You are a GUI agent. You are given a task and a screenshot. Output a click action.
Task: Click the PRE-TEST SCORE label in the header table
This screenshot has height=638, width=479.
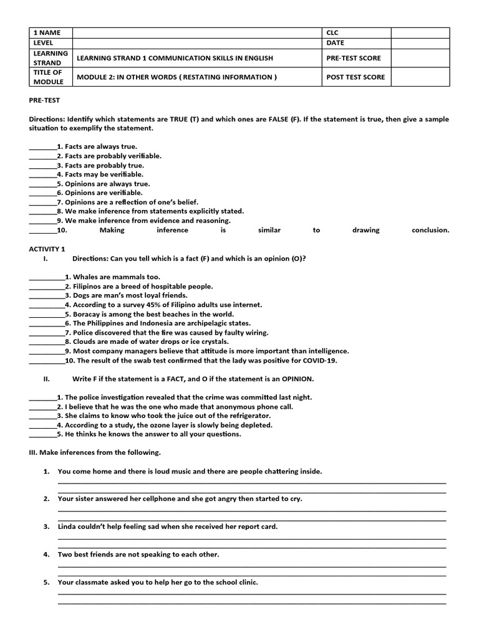point(353,58)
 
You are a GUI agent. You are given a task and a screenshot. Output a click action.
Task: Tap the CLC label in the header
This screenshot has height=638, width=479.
point(332,32)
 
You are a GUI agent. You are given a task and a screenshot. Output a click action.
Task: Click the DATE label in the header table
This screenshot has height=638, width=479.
point(335,43)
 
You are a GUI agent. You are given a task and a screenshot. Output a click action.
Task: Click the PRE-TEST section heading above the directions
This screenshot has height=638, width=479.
point(44,100)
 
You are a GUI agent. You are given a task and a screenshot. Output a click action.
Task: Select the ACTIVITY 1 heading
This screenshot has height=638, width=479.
point(47,249)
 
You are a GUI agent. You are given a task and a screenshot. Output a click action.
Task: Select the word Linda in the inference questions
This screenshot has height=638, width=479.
point(68,526)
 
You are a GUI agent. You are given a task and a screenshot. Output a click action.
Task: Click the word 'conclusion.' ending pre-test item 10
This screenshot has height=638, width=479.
point(430,230)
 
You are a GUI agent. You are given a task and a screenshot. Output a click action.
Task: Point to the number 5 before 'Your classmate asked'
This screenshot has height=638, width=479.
point(46,583)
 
